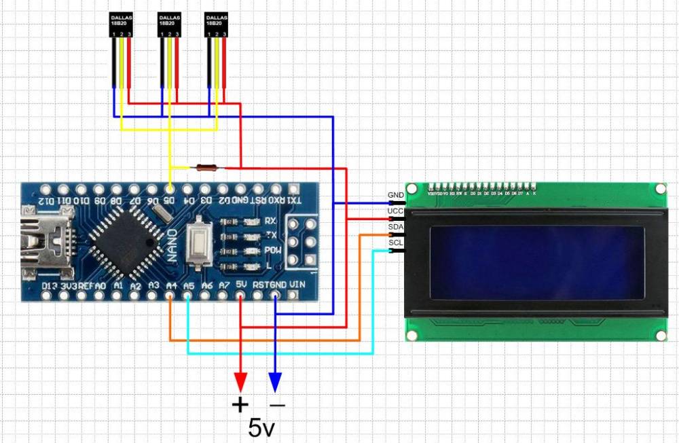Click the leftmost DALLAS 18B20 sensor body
(122, 24)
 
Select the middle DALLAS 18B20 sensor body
(169, 24)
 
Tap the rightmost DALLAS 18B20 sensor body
(216, 24)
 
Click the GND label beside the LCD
(395, 196)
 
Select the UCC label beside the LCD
(395, 211)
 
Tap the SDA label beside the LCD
(395, 226)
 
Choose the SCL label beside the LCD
(395, 243)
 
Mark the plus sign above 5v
(240, 405)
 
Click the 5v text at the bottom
(261, 427)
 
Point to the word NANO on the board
(173, 241)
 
